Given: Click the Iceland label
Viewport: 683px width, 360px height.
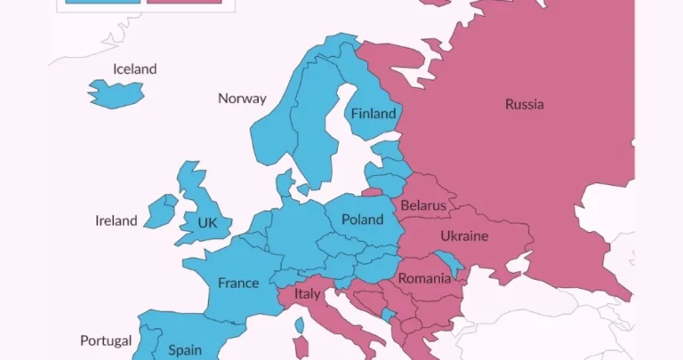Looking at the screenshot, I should point(134,68).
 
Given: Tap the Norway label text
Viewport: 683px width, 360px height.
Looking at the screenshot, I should point(242,98).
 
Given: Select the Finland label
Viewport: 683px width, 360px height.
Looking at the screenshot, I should point(373,114).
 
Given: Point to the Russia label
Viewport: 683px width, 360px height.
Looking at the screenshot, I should point(524,104).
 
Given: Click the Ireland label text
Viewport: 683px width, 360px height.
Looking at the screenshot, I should point(117,220).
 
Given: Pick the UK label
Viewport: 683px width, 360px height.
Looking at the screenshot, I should point(207,222).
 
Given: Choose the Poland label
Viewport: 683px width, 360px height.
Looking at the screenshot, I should point(362,220).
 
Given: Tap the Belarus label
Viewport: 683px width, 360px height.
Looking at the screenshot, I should point(423,205).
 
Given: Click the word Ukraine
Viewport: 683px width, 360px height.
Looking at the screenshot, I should point(464,236).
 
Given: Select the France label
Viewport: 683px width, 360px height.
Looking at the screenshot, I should point(238,284).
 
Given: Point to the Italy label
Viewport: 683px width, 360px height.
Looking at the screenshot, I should point(308,293).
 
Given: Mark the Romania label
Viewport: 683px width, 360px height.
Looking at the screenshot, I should point(424,278).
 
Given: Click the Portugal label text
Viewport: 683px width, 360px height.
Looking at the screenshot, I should point(106,340).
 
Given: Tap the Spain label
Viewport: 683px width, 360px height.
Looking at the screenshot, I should point(185,350).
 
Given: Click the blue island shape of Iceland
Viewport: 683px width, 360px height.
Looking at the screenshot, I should point(116,92).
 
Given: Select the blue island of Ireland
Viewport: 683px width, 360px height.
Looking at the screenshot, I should point(161,212).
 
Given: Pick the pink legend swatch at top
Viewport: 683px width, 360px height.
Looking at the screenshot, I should point(184,2).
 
